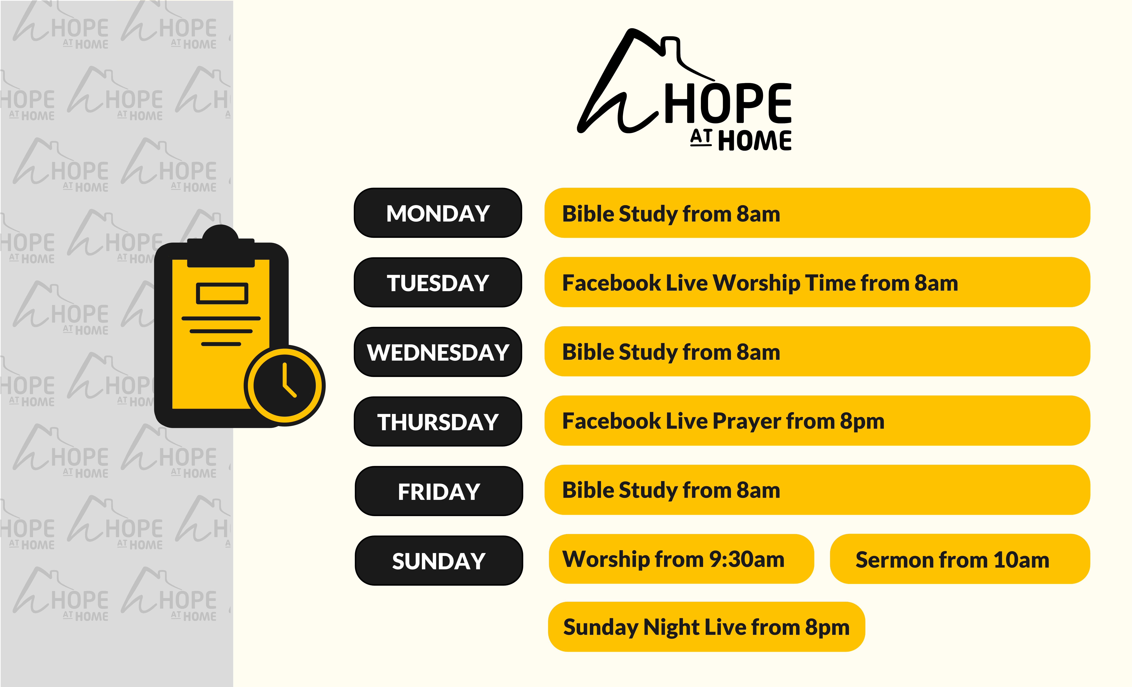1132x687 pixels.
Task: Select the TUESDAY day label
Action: pyautogui.click(x=438, y=282)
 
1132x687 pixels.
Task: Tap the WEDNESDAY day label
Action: pyautogui.click(x=438, y=352)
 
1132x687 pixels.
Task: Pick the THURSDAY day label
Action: pyautogui.click(x=438, y=422)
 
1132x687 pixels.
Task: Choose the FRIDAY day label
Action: pyautogui.click(x=439, y=491)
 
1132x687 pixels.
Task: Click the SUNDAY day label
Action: pyautogui.click(x=439, y=561)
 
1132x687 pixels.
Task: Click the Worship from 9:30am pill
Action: pyautogui.click(x=681, y=559)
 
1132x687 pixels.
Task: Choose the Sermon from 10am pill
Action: pyautogui.click(x=960, y=559)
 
